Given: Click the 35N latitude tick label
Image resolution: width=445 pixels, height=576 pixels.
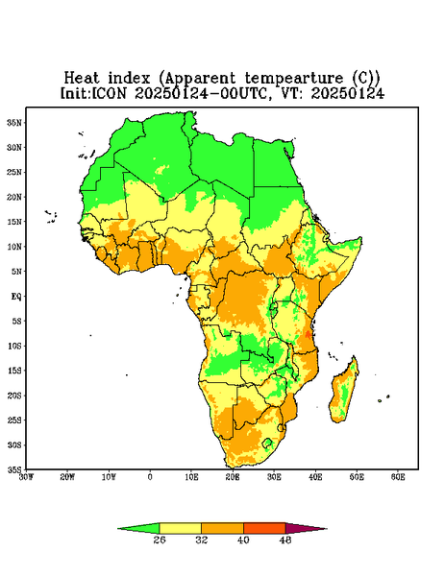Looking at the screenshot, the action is pos(14,123).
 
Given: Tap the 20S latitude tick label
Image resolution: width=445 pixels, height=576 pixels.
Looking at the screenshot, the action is pos(14,396).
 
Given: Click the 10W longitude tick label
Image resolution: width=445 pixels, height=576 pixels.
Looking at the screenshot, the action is pos(109,477).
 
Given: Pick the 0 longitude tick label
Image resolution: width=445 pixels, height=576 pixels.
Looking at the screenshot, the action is pos(150,477).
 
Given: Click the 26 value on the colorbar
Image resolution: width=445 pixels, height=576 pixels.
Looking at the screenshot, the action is pos(160,540).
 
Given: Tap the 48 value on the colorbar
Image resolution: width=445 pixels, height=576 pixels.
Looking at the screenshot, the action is pos(285,540).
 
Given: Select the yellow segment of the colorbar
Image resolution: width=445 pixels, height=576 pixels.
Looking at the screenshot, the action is pos(180,528).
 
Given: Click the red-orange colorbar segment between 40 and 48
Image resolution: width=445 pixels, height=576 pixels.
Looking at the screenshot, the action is pos(264,528).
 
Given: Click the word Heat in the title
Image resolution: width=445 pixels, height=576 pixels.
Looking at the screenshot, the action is pos(82,79).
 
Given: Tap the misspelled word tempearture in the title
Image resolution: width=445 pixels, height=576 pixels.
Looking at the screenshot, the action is pos(294,79).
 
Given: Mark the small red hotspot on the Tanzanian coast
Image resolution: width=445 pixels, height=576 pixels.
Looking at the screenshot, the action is pos(308,334).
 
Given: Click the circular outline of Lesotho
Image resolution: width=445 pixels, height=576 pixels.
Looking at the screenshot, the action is pos(267,443).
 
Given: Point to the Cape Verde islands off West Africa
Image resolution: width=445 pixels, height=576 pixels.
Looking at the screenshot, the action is pos(51,217).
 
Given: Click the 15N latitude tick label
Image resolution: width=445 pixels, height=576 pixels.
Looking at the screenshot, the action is pos(14,222).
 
